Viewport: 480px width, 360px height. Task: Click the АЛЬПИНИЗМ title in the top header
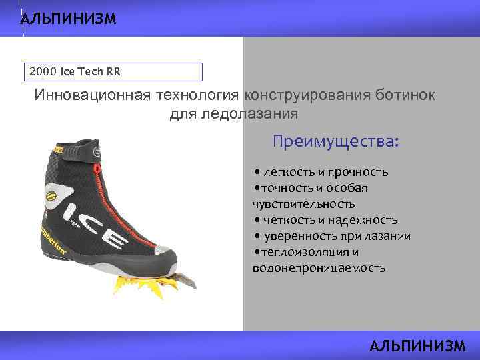tap(68, 19)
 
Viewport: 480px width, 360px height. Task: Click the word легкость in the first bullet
tap(286, 172)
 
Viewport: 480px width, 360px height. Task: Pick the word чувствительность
tap(303, 204)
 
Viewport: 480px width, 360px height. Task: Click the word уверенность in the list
tap(298, 236)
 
